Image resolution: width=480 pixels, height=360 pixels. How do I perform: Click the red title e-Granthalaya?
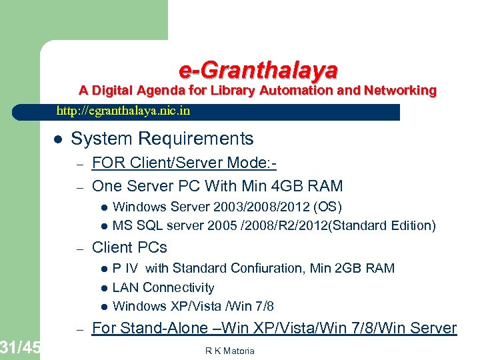point(258,69)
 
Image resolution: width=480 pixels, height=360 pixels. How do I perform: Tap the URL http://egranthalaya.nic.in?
point(123,111)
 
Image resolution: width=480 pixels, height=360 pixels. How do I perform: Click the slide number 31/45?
point(20,347)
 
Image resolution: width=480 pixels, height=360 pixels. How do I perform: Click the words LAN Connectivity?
point(163,287)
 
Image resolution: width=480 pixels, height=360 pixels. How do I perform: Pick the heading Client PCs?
point(129,247)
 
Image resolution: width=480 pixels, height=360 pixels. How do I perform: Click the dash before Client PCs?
point(78,248)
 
